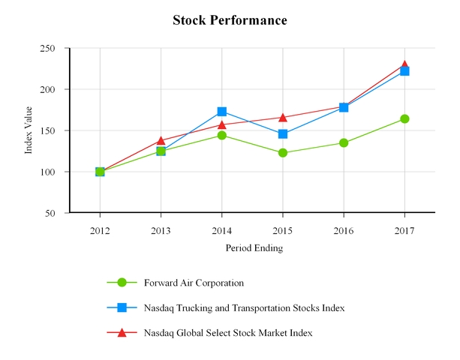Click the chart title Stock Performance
coord(230,20)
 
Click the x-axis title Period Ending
coord(254,247)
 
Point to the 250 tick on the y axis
coord(48,48)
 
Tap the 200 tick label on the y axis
coord(48,89)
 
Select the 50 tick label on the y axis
coord(51,213)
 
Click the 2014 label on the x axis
coord(221,229)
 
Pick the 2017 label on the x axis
coord(404,229)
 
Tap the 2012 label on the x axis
coord(100,229)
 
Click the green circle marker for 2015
coord(283,153)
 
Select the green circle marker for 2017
coord(404,118)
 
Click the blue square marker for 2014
coord(222,112)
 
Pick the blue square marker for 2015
coord(283,134)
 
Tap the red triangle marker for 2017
coord(404,65)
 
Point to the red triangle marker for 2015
coord(283,117)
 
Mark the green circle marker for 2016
coord(344,142)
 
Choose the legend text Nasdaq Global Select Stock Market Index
coord(227,332)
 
